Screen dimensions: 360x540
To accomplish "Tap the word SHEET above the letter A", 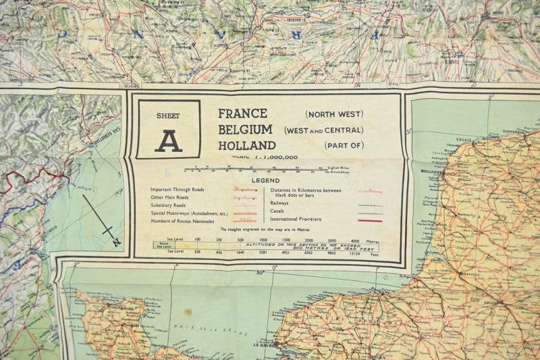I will coord(168,115).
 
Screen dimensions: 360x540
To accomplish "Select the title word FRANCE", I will coord(242,113).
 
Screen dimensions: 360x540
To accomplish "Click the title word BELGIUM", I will coord(245,129).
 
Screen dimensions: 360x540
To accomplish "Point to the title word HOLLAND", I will coord(246,145).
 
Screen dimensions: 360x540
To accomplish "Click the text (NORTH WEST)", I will coord(333,114).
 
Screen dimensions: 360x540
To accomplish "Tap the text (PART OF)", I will coord(344,145).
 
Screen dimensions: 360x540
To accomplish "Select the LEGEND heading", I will coord(265,181).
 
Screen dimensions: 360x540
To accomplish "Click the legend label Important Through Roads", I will coord(177,190).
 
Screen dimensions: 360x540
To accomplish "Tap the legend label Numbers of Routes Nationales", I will coord(182,221).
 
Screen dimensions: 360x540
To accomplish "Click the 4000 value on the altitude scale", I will coord(355,240).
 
